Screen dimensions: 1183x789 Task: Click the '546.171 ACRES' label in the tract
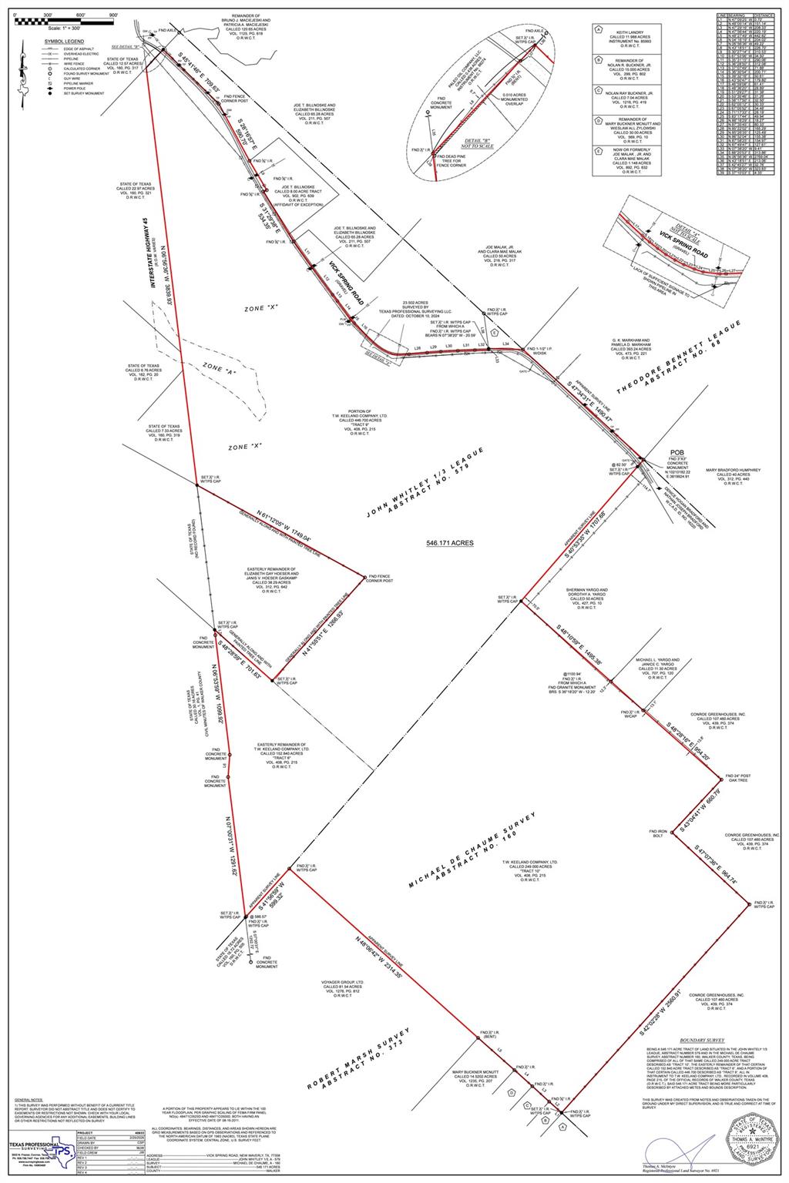click(x=450, y=543)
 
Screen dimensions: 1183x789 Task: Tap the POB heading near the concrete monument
click(x=677, y=453)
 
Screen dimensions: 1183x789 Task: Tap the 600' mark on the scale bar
click(x=81, y=15)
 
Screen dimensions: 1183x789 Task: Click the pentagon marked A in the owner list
click(x=598, y=32)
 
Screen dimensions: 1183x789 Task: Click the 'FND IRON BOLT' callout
click(x=656, y=833)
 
